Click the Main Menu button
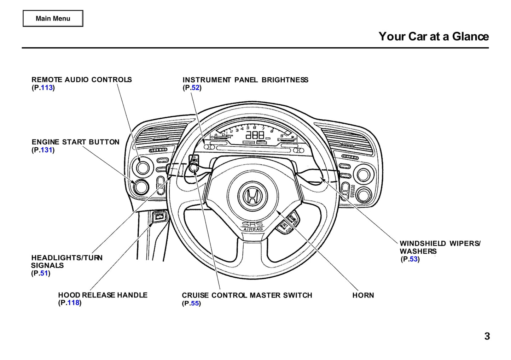[53, 18]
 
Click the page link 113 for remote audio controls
[47, 88]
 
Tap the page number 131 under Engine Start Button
[47, 150]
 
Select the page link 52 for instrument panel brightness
[196, 88]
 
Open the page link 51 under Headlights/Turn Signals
[44, 273]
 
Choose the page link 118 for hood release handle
[74, 303]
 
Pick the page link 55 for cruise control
[195, 303]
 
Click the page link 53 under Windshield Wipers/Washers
[413, 259]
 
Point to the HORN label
[363, 295]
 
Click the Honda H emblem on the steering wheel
[252, 196]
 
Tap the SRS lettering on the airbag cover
[252, 224]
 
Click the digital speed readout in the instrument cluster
[255, 135]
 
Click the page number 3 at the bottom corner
[487, 336]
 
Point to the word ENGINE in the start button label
[46, 142]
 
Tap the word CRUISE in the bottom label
[195, 295]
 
